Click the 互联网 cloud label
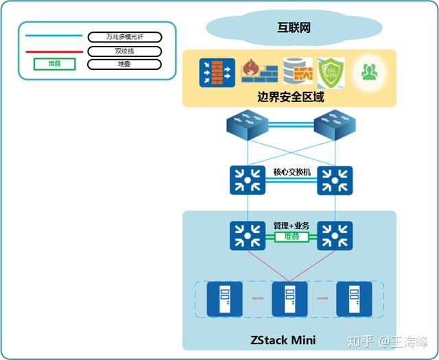294,27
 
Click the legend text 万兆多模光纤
124,36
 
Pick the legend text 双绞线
124,51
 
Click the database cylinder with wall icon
298,72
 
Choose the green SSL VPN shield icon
333,72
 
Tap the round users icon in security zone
370,72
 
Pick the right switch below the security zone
334,127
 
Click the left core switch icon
247,181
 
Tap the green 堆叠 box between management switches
292,237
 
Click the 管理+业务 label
292,225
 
